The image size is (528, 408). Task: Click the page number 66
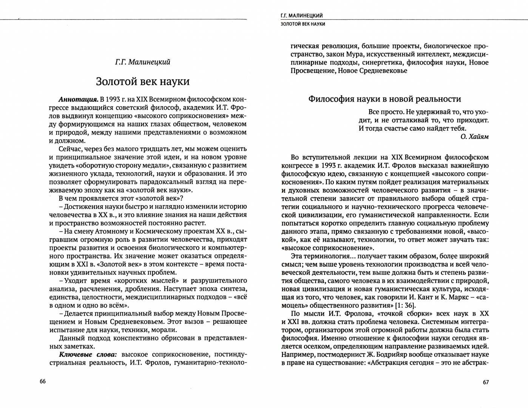(x=42, y=382)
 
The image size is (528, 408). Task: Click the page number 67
(x=486, y=382)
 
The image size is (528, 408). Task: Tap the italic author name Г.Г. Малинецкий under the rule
(x=143, y=62)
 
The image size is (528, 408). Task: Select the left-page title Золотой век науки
(x=143, y=81)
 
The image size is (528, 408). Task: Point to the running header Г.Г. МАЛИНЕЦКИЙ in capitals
(x=301, y=16)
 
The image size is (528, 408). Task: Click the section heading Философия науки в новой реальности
(x=384, y=99)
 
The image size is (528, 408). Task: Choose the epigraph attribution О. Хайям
(x=474, y=137)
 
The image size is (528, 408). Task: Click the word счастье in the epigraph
(x=409, y=128)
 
